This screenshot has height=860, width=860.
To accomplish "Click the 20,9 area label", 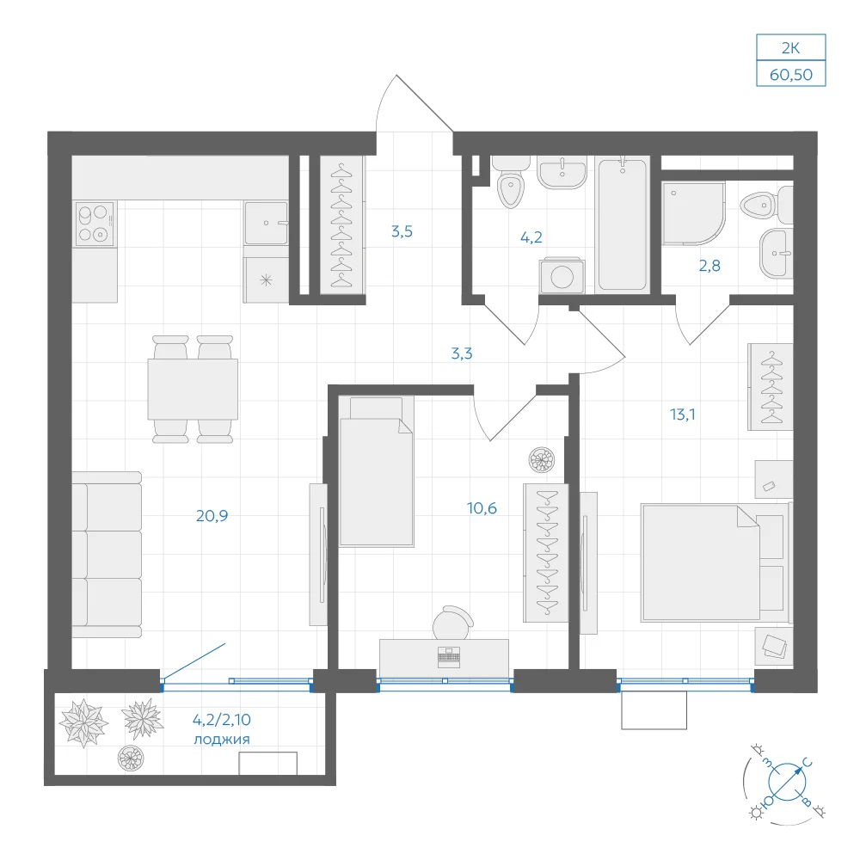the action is point(212,515).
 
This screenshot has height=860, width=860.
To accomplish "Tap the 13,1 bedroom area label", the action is point(682,415).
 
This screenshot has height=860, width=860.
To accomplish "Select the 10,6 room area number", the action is point(482,508).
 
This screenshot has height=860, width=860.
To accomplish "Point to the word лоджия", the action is point(222,740).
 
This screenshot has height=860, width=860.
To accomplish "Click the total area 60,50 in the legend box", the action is point(791,75).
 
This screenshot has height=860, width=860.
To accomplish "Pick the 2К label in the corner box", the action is point(791,48).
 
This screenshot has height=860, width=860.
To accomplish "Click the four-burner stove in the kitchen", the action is point(95,224).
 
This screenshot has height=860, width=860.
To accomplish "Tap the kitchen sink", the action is point(266,224).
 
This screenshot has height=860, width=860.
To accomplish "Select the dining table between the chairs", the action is point(193,390).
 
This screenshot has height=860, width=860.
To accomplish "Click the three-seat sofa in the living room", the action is point(107,555).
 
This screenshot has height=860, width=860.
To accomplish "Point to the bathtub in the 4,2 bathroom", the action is point(622,224).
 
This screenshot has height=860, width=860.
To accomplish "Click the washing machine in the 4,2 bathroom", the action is point(562,276).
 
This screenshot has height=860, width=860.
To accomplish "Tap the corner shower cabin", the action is point(693,213).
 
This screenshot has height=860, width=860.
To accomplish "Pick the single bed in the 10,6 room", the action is point(376,471).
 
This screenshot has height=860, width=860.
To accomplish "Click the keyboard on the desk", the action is point(449,657).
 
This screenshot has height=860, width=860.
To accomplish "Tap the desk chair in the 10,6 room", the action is point(453,623).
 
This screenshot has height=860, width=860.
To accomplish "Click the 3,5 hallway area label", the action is point(402,231).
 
